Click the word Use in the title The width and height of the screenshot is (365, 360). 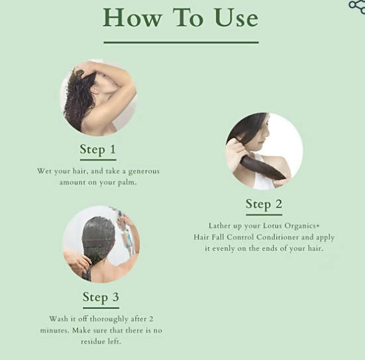(236, 18)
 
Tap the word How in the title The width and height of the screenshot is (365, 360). (132, 17)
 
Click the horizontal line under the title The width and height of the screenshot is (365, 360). (181, 42)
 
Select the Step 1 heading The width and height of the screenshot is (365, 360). (98, 150)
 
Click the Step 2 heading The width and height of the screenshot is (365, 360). (264, 204)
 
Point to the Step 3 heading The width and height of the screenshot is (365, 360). (101, 297)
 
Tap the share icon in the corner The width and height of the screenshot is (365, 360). (357, 7)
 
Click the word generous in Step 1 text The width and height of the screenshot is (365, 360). (144, 171)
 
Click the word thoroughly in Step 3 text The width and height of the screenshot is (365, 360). (109, 319)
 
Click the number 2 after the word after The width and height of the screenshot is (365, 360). (151, 318)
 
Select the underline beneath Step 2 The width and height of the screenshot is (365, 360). (264, 214)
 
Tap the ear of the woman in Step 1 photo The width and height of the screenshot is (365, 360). (95, 90)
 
